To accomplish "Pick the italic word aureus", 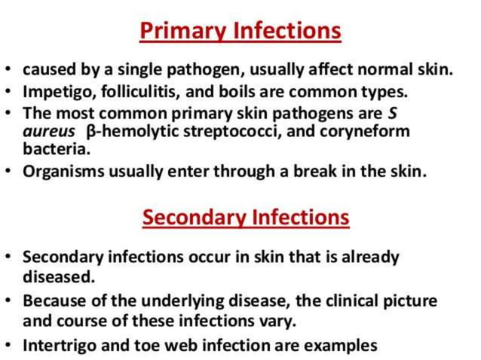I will [x=47, y=132].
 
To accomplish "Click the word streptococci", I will [x=225, y=132].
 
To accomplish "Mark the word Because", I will [x=54, y=301].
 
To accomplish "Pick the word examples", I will [x=339, y=346].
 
